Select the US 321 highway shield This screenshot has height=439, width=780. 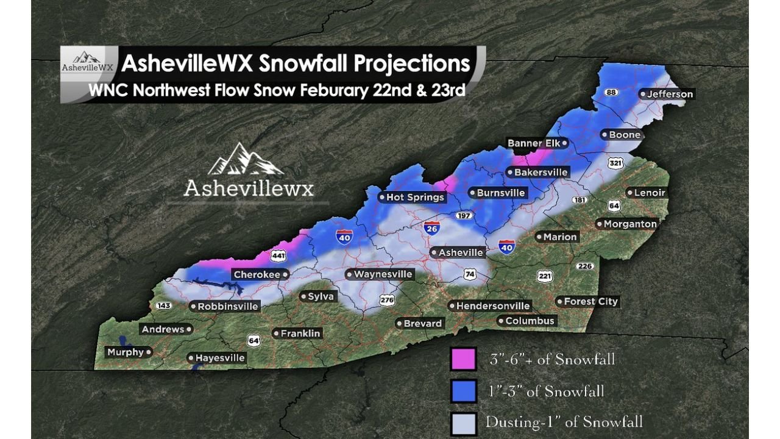(616, 163)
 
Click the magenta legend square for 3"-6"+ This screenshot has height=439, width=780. (463, 359)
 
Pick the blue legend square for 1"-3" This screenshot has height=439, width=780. (463, 391)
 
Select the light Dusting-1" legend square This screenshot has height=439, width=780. (463, 422)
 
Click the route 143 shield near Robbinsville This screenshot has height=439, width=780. (163, 305)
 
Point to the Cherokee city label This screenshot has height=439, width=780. (257, 275)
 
